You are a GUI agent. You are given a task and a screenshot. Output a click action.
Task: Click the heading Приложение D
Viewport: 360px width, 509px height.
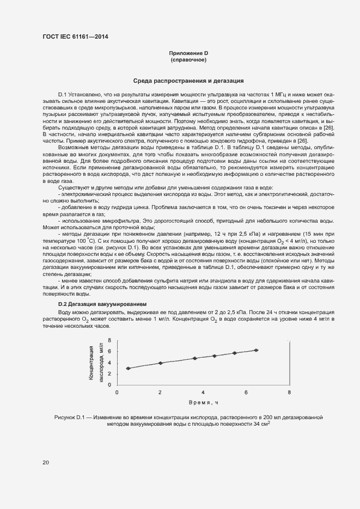point(188,53)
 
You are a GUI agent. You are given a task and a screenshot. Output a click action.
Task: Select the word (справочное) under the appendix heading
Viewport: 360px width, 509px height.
point(188,59)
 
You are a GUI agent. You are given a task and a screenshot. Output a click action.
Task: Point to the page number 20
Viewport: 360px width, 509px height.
point(46,463)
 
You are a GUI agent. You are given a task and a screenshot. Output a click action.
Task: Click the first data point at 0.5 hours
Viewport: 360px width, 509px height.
point(128,369)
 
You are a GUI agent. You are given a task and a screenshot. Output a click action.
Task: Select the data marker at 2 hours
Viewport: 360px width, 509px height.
point(160,363)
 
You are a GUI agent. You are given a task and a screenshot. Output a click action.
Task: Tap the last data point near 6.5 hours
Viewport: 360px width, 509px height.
point(256,350)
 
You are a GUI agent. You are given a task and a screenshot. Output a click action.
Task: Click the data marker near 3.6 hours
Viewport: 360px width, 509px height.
point(195,358)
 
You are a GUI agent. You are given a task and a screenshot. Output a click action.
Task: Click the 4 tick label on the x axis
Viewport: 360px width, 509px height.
point(203,392)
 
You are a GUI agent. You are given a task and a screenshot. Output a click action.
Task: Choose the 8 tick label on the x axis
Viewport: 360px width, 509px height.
point(289,392)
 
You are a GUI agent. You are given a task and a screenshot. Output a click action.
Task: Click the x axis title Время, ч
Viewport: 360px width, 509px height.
point(203,402)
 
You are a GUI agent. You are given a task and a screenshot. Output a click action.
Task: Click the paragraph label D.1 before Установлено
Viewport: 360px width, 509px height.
point(62,95)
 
